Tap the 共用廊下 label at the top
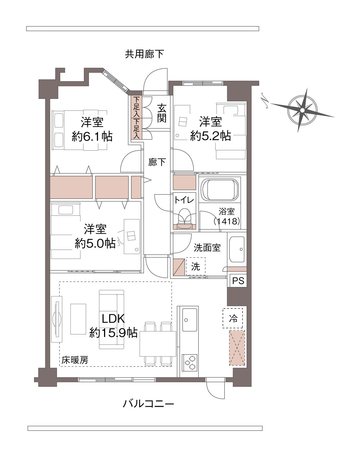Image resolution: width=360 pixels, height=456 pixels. (x=144, y=54)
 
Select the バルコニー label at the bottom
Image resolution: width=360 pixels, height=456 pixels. (x=149, y=404)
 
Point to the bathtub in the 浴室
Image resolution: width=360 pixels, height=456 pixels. (x=220, y=189)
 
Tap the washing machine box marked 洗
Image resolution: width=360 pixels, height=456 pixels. (x=195, y=266)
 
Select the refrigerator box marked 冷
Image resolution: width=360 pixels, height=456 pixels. (x=233, y=318)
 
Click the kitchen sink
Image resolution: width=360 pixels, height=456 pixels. (x=190, y=319)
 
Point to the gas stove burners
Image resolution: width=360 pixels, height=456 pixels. (x=190, y=362)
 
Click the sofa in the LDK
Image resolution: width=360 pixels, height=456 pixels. (x=112, y=320)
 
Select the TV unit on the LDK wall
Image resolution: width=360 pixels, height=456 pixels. (x=57, y=319)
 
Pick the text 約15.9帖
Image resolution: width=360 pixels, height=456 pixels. (x=113, y=333)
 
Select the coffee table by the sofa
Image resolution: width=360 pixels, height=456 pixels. (x=78, y=319)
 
